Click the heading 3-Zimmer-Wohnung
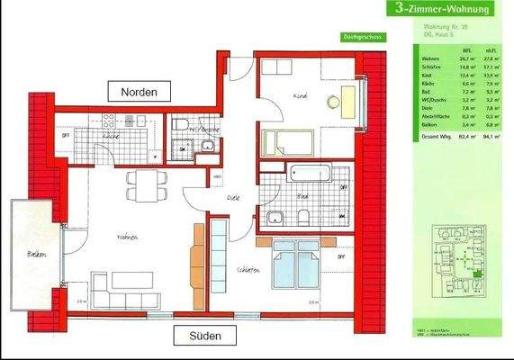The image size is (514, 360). point(441,10)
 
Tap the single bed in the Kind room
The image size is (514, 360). point(289,142)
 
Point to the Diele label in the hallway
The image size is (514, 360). point(233,196)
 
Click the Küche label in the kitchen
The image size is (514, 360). point(112,136)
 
